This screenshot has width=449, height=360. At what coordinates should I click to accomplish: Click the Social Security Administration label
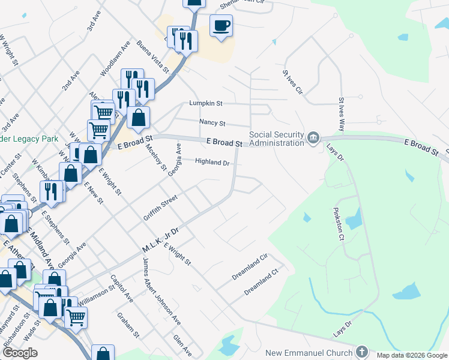pos(277,139)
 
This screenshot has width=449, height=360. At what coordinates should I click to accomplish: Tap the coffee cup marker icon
pos(221,26)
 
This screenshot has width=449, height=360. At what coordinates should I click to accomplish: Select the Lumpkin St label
pos(206,104)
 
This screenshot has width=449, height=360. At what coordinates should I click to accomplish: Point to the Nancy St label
pos(212,123)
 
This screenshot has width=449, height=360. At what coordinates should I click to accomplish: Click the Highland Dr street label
pos(212,163)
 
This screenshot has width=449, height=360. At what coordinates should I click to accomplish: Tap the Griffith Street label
pos(160,207)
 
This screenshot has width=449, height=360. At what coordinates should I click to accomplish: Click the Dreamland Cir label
pos(249,268)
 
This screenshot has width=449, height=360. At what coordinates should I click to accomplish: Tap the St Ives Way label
pos(342,115)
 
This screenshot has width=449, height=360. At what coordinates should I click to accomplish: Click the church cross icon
pos(362,352)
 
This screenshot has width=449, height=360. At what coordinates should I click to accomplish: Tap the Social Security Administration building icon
pos(313,139)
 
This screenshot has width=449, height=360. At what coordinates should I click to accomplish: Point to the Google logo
pos(20,353)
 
